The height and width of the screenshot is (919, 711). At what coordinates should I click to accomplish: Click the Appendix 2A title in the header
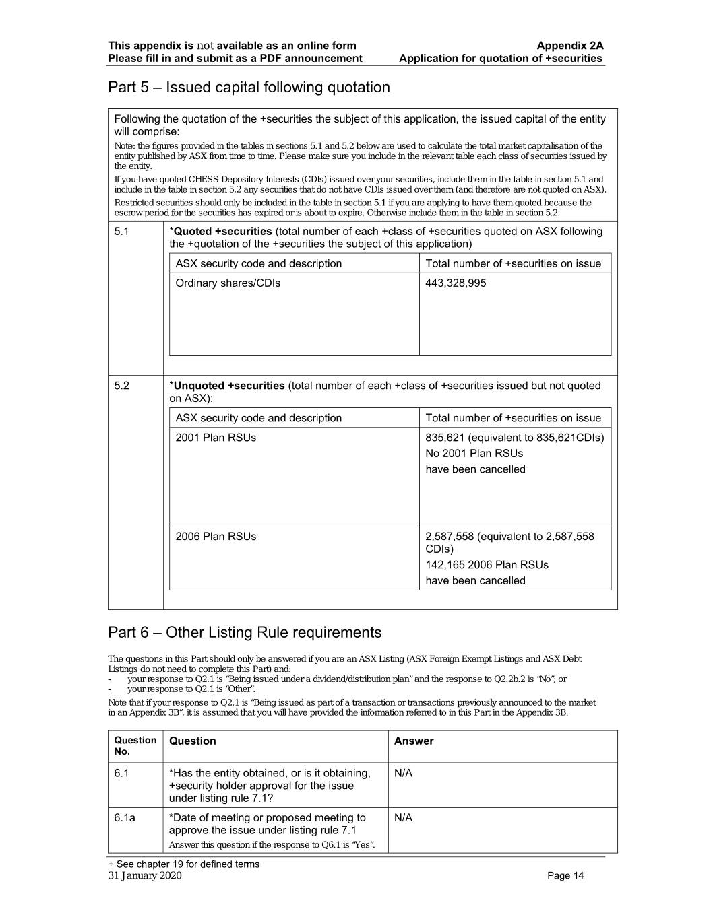tap(569, 46)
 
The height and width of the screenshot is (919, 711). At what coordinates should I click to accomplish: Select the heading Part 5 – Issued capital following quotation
tap(249, 88)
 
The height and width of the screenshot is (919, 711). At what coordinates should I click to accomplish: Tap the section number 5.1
tap(121, 232)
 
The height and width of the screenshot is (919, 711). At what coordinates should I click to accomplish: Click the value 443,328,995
tap(455, 283)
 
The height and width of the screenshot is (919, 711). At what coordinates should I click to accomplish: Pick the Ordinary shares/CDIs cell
tap(228, 283)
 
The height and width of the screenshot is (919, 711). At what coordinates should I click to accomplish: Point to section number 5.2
tap(121, 386)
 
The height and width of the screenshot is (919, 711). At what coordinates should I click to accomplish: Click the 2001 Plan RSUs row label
tap(216, 438)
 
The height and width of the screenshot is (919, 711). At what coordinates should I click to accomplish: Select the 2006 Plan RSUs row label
tap(216, 537)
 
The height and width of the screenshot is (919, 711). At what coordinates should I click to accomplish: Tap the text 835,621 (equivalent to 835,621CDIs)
tap(514, 438)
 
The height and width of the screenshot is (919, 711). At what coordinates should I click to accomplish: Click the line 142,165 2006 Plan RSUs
tap(487, 565)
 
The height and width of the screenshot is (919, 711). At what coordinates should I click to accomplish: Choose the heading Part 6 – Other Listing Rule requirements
tap(245, 633)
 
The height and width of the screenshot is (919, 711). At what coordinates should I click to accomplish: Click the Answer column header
tap(414, 741)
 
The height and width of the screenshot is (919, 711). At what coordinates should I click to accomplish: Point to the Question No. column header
tap(135, 745)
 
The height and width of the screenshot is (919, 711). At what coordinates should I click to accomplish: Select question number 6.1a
tap(124, 818)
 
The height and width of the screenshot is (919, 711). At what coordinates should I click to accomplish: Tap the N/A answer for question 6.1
tap(403, 774)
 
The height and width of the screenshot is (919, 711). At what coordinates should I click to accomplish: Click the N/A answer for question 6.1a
tap(403, 818)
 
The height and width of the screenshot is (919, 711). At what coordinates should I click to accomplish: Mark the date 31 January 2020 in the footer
tap(145, 876)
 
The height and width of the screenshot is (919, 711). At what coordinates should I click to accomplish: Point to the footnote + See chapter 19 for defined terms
tap(183, 864)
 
